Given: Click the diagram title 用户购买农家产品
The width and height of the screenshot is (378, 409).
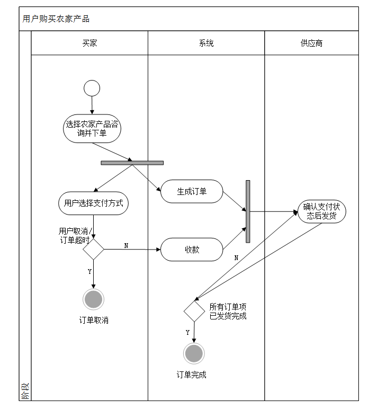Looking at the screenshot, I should click(56, 19).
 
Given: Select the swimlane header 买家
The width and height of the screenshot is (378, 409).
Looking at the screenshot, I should click(89, 43).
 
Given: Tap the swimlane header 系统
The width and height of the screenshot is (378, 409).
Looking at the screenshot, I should click(206, 43).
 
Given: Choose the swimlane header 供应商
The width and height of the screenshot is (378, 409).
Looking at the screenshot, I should click(311, 43).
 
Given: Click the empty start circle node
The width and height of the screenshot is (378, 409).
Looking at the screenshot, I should click(92, 88).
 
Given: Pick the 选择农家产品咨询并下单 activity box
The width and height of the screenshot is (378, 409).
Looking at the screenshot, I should click(92, 129).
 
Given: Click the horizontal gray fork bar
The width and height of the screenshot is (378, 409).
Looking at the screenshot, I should click(132, 163).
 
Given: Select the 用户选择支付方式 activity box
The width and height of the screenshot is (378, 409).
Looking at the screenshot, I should click(93, 203).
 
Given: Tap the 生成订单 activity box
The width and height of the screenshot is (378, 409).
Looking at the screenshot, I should click(192, 192).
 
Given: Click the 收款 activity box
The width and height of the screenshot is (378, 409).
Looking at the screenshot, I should click(192, 250).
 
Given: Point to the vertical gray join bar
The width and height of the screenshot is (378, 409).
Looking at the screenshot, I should click(248, 211).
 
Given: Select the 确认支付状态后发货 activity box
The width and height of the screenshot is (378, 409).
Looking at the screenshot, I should click(321, 211).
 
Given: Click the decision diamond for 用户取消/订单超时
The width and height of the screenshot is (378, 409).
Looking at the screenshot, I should click(93, 249).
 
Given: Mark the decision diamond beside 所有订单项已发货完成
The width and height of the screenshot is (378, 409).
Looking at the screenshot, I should click(194, 311).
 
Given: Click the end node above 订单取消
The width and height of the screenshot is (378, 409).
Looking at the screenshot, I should click(93, 299).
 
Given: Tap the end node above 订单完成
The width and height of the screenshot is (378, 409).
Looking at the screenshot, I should click(194, 353).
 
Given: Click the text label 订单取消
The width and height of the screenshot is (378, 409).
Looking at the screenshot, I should click(94, 320).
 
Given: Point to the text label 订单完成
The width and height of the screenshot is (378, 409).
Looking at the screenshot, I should click(192, 375).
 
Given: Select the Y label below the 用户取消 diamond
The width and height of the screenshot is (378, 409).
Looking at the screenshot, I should click(89, 271).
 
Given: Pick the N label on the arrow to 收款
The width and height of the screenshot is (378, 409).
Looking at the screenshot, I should click(126, 245).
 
